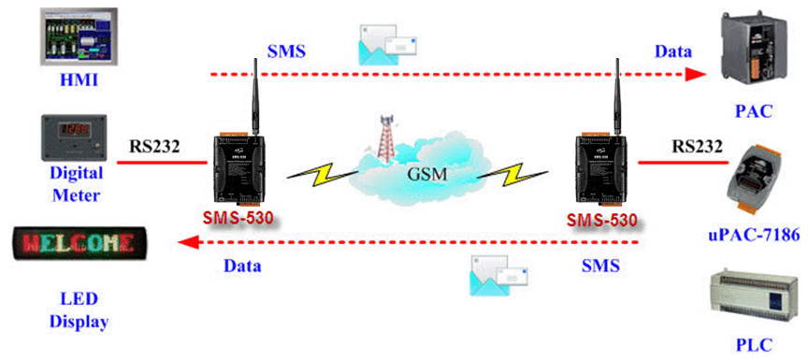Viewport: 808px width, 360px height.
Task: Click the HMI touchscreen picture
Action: pos(79,36)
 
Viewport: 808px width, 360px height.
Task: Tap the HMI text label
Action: pos(79,79)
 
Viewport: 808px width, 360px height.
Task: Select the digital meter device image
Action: pos(74,137)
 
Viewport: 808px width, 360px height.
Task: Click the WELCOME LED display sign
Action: pos(79,242)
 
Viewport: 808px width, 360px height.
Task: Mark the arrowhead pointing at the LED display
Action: pos(188,241)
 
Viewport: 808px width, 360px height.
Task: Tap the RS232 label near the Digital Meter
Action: pos(154,147)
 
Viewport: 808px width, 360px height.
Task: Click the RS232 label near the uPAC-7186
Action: pos(697,146)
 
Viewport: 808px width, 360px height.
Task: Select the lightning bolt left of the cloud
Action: pos(319,173)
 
